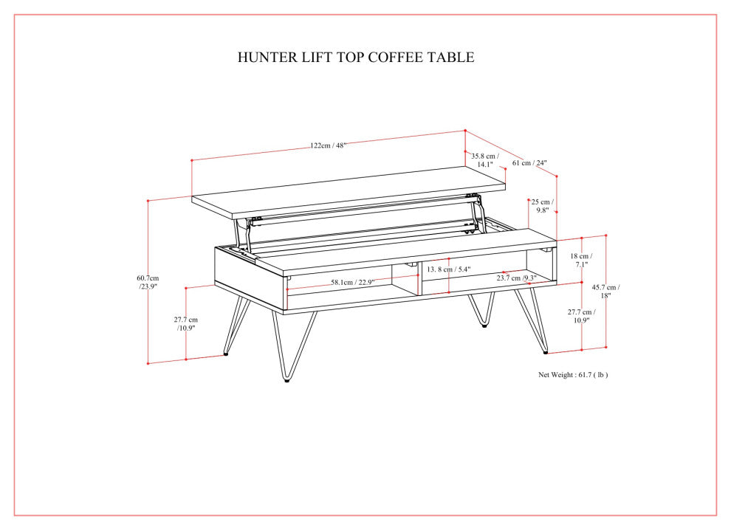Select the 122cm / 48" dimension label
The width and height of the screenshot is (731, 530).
[328, 145]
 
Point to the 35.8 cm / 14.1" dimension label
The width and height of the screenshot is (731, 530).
[484, 160]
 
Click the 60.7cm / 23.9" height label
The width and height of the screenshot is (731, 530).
[148, 282]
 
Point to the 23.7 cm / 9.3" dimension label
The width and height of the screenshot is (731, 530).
[516, 278]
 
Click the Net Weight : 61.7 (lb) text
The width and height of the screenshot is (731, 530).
[572, 375]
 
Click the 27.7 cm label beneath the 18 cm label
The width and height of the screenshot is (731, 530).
[581, 317]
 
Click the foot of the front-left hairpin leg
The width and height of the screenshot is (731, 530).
[286, 379]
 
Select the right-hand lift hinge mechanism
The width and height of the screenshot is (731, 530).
[476, 214]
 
